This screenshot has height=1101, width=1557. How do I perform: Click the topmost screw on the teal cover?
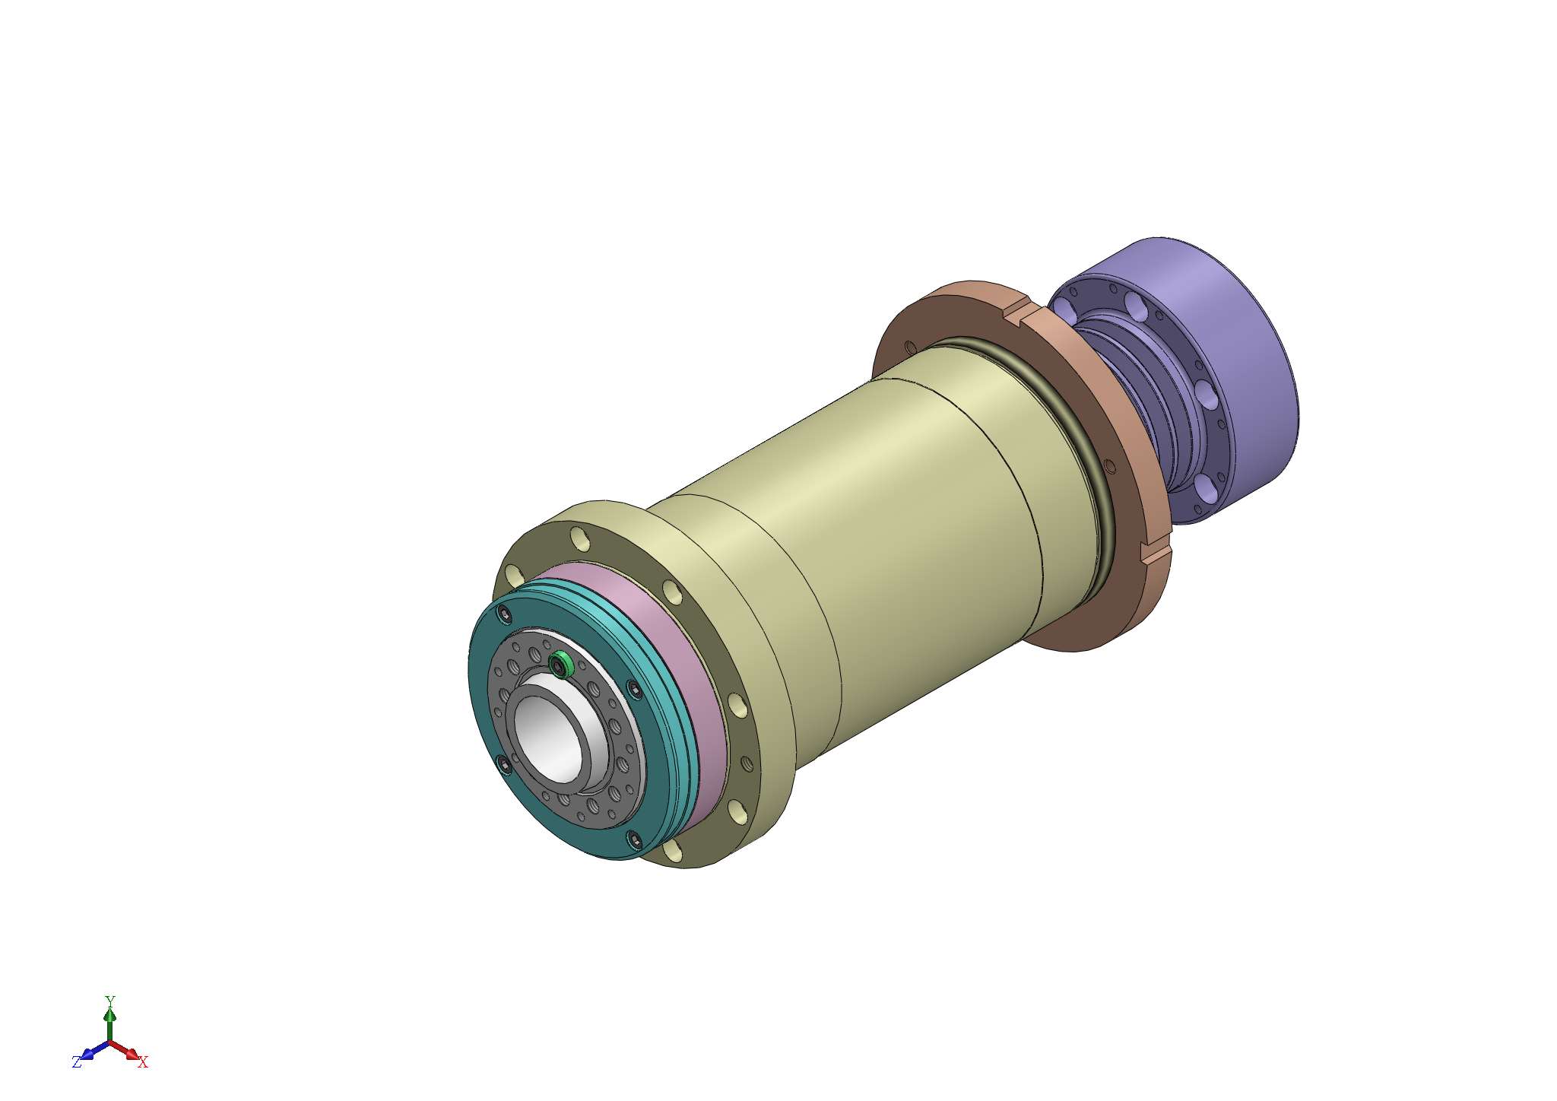click(503, 613)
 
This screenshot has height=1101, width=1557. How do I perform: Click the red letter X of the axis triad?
click(143, 1062)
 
